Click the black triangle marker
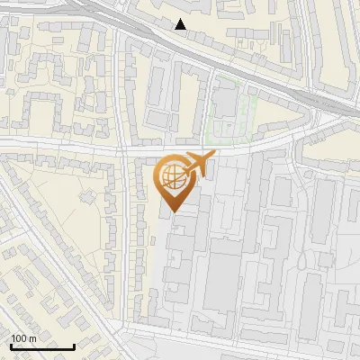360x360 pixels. coord(181,24)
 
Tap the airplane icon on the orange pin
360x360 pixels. coord(198,165)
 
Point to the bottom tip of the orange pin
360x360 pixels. coord(171,212)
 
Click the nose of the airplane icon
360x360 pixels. coord(213,155)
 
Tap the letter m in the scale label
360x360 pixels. coord(32,338)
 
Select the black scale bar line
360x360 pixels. coord(41,346)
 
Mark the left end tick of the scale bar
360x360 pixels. coord(11,345)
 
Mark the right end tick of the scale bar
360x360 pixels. coord(73,345)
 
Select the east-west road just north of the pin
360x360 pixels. coord(180,147)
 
